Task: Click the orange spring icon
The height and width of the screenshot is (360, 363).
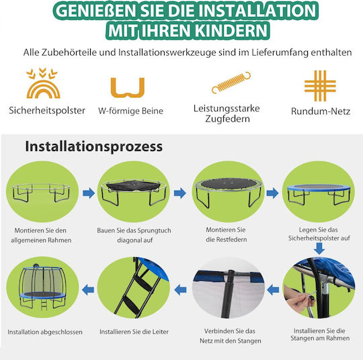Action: [x=231, y=83]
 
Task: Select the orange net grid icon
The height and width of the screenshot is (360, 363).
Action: [x=320, y=86]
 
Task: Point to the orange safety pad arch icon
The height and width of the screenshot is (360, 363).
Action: [x=43, y=89]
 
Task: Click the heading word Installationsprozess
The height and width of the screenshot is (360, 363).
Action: [x=93, y=146]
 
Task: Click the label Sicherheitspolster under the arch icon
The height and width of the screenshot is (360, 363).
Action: [x=47, y=110]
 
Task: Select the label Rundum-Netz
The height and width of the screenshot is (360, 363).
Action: [x=321, y=111]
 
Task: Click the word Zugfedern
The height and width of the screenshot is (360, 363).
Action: [x=227, y=119]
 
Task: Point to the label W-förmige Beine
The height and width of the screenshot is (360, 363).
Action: [x=131, y=111]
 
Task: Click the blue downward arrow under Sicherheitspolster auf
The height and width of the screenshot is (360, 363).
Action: [x=319, y=249]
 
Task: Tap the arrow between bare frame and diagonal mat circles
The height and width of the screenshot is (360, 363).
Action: [x=89, y=193]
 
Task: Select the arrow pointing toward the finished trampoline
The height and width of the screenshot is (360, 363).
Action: [x=88, y=290]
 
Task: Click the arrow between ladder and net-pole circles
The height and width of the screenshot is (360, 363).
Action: [x=180, y=290]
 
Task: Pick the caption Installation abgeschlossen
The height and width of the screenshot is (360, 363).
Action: [x=45, y=332]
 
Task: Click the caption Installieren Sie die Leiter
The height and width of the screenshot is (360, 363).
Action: [x=134, y=332]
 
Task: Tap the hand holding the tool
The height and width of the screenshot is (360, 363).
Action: [x=298, y=298]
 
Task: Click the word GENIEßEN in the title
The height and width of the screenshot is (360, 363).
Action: [x=96, y=11]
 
